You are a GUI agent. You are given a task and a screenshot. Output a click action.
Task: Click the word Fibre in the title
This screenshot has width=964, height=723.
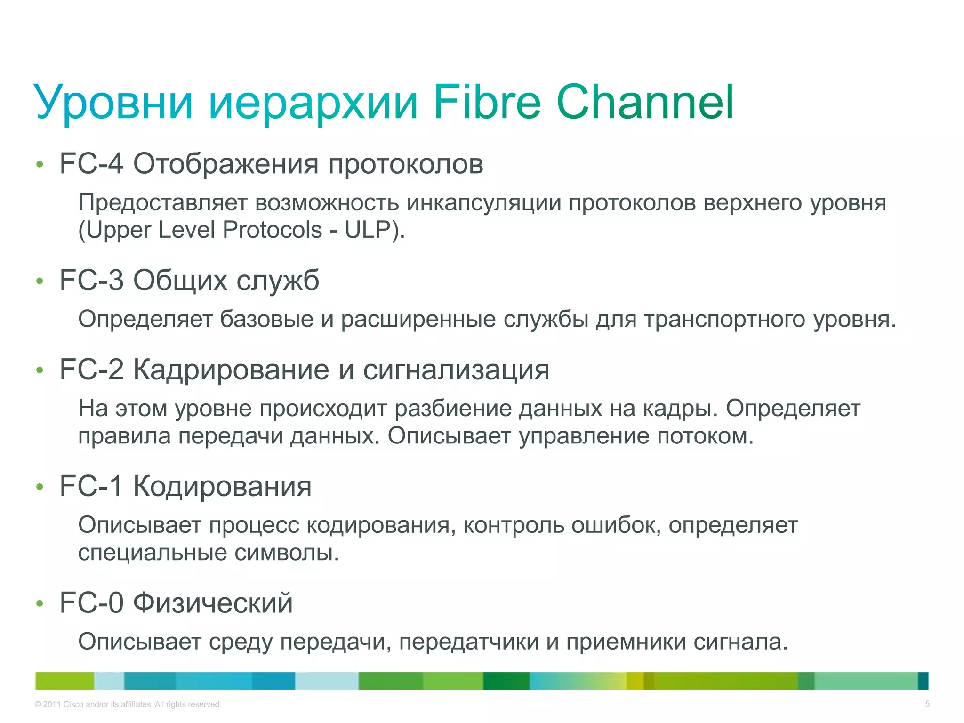pyautogui.click(x=487, y=102)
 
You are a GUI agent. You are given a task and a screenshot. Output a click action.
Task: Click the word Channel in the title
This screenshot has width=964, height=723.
pyautogui.click(x=645, y=102)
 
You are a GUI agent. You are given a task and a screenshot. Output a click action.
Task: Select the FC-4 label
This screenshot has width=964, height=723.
pyautogui.click(x=91, y=164)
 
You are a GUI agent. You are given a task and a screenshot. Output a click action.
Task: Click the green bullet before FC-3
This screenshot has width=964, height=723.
pyautogui.click(x=40, y=281)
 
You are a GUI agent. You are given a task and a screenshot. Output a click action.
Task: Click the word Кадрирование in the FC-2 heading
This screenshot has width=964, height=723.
pyautogui.click(x=231, y=370)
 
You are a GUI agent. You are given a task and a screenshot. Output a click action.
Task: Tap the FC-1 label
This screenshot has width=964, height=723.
pyautogui.click(x=91, y=486)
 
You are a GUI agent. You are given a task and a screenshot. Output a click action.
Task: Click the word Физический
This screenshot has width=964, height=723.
pyautogui.click(x=213, y=602)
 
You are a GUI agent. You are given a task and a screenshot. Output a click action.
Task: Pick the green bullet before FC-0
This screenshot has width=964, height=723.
pyautogui.click(x=40, y=603)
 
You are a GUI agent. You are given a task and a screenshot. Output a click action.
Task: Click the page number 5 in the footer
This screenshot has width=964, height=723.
pyautogui.click(x=927, y=704)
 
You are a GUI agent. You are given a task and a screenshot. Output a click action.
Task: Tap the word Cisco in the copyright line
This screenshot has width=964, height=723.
pyautogui.click(x=73, y=705)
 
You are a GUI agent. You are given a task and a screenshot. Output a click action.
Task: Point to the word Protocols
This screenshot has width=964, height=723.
pyautogui.click(x=272, y=230)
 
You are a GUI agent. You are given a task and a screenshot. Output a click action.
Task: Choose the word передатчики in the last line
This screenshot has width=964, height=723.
pyautogui.click(x=469, y=642)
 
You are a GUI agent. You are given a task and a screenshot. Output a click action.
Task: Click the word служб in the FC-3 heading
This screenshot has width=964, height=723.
pyautogui.click(x=277, y=281)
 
